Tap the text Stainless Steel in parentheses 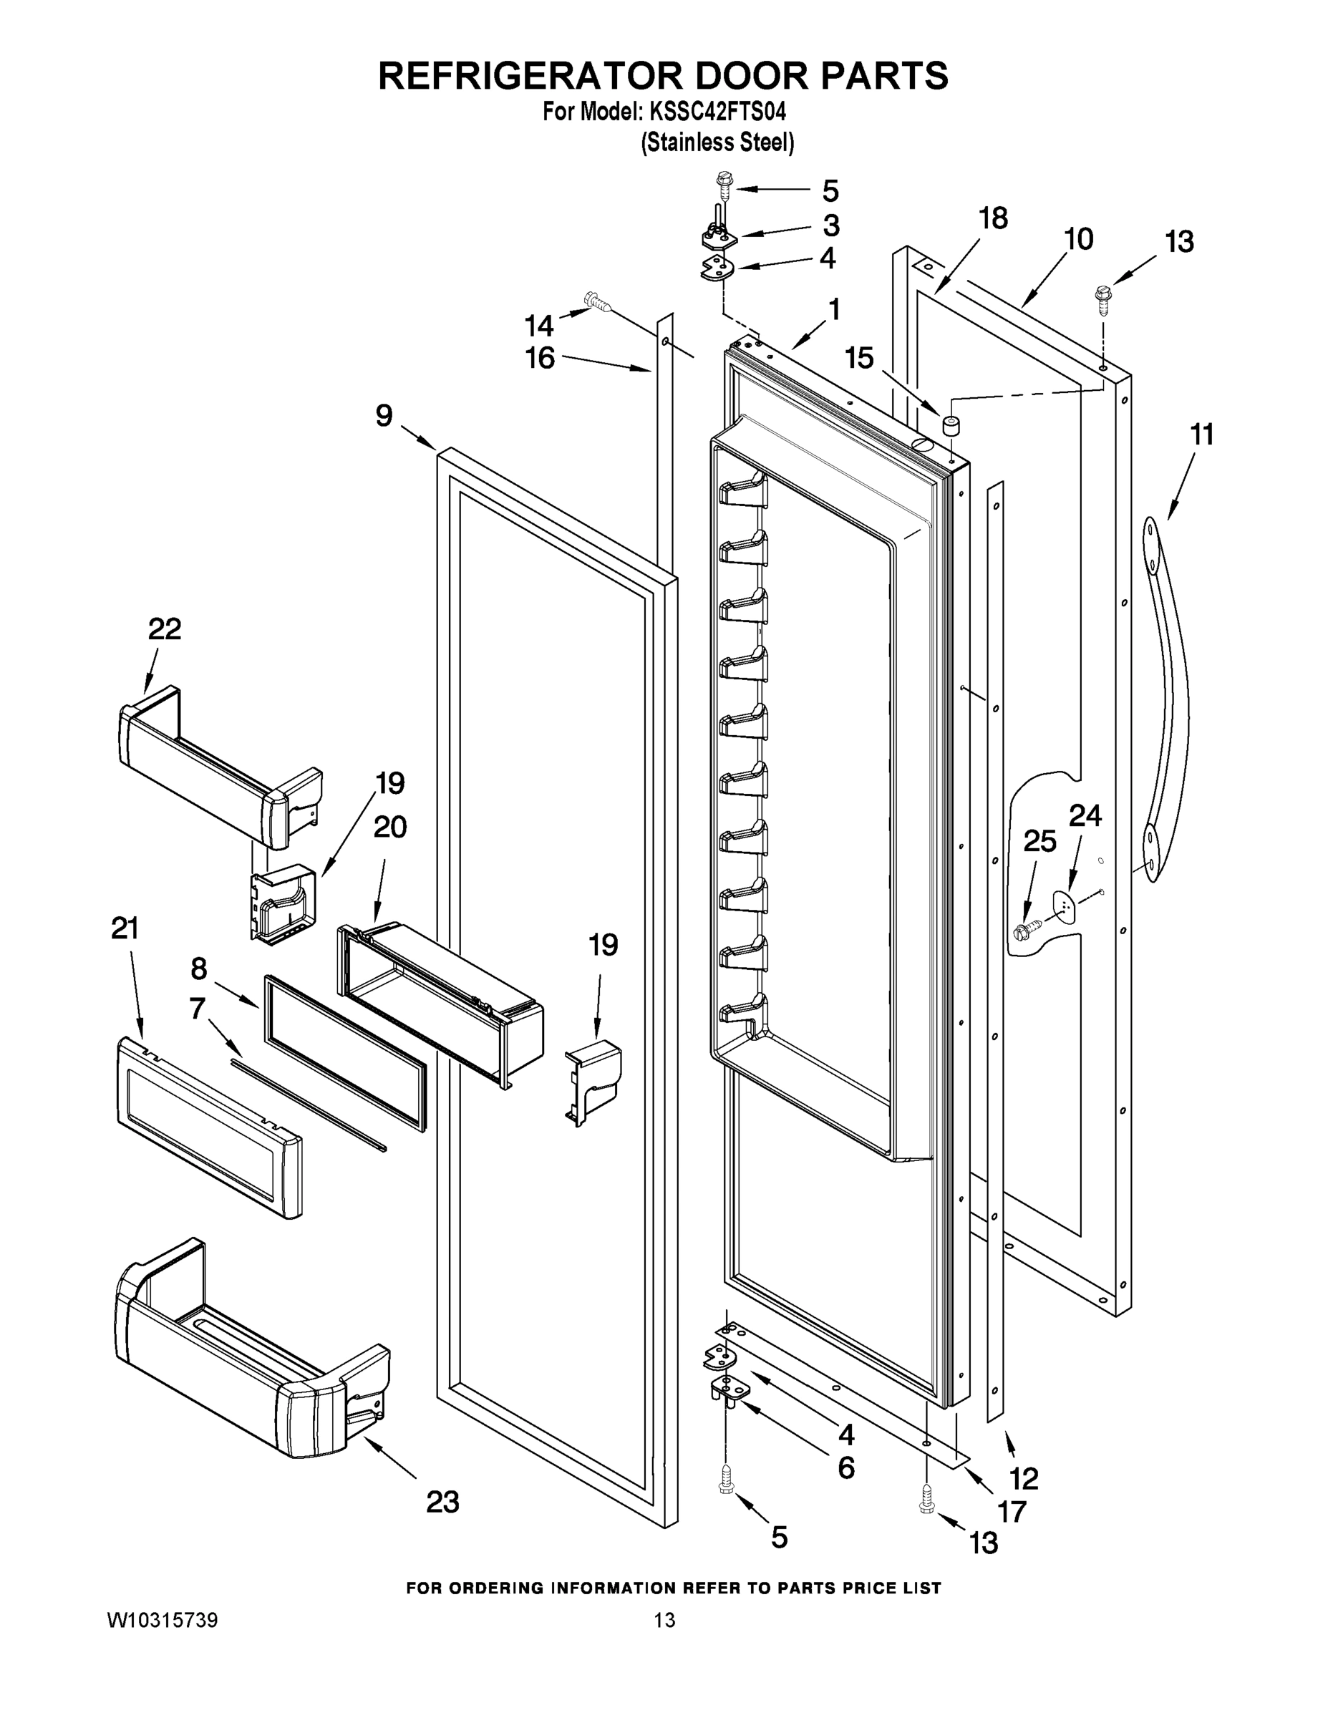click(717, 142)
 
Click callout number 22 click(165, 629)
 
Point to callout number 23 click(442, 1502)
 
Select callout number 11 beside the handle click(1201, 435)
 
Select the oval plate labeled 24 click(1065, 906)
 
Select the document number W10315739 click(162, 1621)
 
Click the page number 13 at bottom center click(665, 1621)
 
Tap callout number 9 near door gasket click(383, 415)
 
